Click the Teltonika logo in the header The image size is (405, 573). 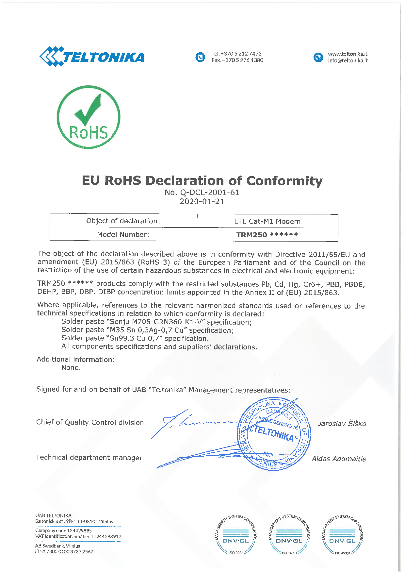click(x=92, y=57)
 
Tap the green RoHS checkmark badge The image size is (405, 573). click(x=89, y=117)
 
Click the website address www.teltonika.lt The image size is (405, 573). click(x=348, y=54)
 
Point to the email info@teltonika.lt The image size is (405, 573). click(x=348, y=60)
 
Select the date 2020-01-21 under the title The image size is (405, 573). click(x=202, y=202)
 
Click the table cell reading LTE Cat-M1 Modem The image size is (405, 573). click(x=267, y=221)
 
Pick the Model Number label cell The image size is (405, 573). click(x=123, y=234)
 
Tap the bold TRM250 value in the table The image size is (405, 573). click(x=251, y=235)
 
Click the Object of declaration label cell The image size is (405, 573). click(x=123, y=221)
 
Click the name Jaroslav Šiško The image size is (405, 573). click(x=342, y=424)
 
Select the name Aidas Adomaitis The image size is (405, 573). click(x=339, y=459)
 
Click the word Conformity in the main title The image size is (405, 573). click(x=284, y=181)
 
